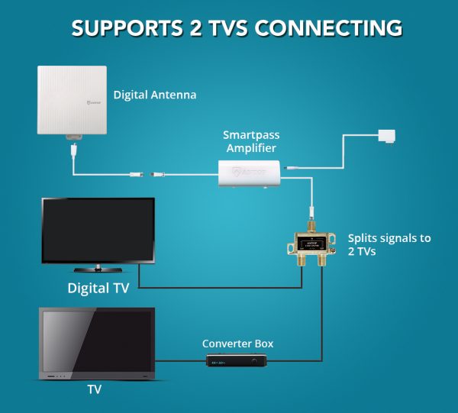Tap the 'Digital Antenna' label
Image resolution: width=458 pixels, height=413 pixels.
(x=155, y=95)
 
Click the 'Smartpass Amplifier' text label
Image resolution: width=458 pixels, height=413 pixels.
(x=250, y=141)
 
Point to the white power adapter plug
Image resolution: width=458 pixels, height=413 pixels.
(x=386, y=136)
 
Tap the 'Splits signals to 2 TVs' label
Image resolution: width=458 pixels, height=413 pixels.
(x=389, y=244)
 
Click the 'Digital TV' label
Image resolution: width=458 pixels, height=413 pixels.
(x=98, y=288)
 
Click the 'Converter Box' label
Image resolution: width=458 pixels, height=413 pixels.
(x=237, y=344)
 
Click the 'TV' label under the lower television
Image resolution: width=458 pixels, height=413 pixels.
(x=94, y=389)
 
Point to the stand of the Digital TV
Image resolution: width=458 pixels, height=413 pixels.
(x=98, y=267)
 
